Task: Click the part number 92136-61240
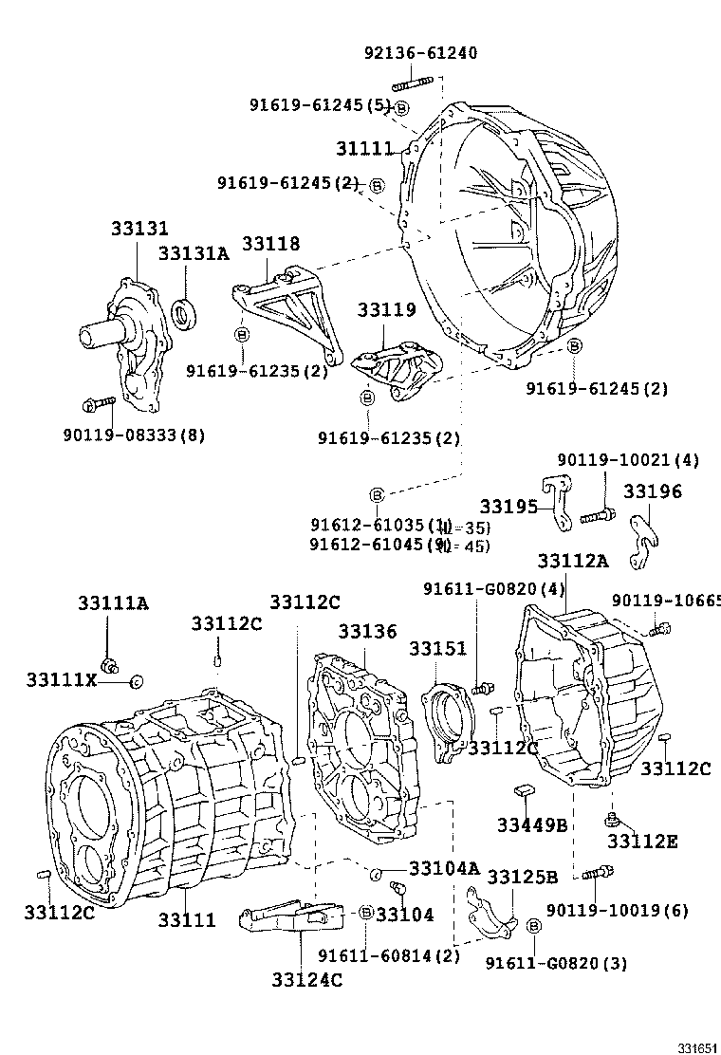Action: click(x=420, y=53)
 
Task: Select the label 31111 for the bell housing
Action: click(x=363, y=149)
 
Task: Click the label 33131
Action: click(x=139, y=229)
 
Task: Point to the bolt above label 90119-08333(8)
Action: click(x=98, y=405)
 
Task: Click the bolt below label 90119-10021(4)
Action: click(x=595, y=517)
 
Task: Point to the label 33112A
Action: click(x=572, y=561)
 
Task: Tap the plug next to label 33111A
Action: click(x=108, y=661)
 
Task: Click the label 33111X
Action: click(x=62, y=680)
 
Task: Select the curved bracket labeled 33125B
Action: click(x=491, y=908)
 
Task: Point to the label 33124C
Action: click(x=306, y=980)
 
